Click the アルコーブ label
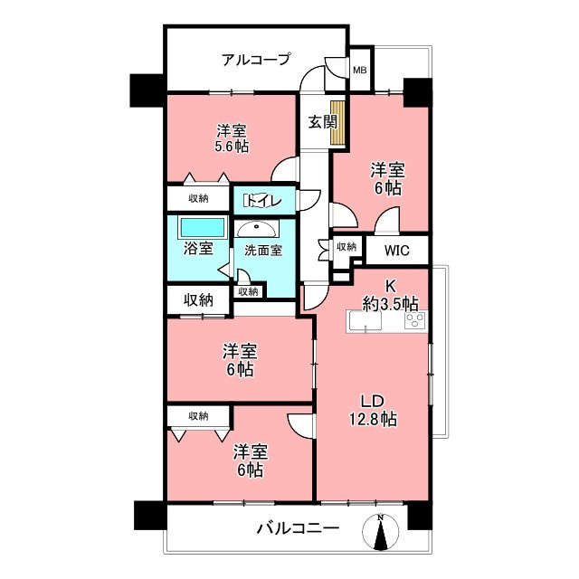coord(256,60)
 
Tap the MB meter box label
coord(359,70)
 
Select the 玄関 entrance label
coord(315,121)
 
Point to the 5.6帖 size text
coord(233,146)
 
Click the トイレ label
coord(263,201)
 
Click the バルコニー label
coord(297,528)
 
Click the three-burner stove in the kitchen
coord(415,320)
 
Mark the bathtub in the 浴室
coord(200,226)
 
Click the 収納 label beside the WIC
coord(345,246)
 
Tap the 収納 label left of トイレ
coord(198,198)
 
